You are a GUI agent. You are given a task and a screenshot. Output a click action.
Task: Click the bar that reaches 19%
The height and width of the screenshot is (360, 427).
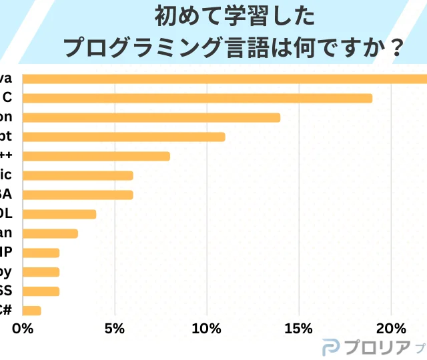(197, 99)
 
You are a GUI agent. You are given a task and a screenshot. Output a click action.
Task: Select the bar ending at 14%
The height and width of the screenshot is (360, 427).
(151, 118)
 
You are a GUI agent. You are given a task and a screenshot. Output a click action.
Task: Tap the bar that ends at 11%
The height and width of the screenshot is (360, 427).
(124, 137)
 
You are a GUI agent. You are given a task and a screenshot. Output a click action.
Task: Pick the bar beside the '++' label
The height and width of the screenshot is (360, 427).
(97, 157)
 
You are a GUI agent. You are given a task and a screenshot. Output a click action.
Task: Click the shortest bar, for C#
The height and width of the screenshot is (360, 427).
(32, 311)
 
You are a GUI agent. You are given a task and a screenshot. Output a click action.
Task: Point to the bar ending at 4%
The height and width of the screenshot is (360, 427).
(59, 215)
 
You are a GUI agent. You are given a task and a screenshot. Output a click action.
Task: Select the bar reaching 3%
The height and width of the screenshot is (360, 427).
(51, 233)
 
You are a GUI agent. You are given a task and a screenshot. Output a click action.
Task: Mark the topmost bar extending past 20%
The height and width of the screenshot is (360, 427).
(225, 79)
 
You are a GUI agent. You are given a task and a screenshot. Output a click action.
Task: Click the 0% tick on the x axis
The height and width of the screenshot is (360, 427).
(23, 329)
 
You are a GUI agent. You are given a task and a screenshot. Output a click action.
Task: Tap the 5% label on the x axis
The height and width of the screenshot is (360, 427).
(115, 329)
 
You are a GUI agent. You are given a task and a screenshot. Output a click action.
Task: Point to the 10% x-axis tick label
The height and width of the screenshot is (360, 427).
(207, 329)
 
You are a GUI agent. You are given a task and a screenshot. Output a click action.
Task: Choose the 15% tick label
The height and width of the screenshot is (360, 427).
(298, 329)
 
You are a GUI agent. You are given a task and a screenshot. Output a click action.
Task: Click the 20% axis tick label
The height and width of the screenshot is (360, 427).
(391, 329)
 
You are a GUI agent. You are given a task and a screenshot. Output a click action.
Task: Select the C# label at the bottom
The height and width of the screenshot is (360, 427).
(5, 309)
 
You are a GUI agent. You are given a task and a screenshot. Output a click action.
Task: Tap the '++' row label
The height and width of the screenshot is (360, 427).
(7, 156)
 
